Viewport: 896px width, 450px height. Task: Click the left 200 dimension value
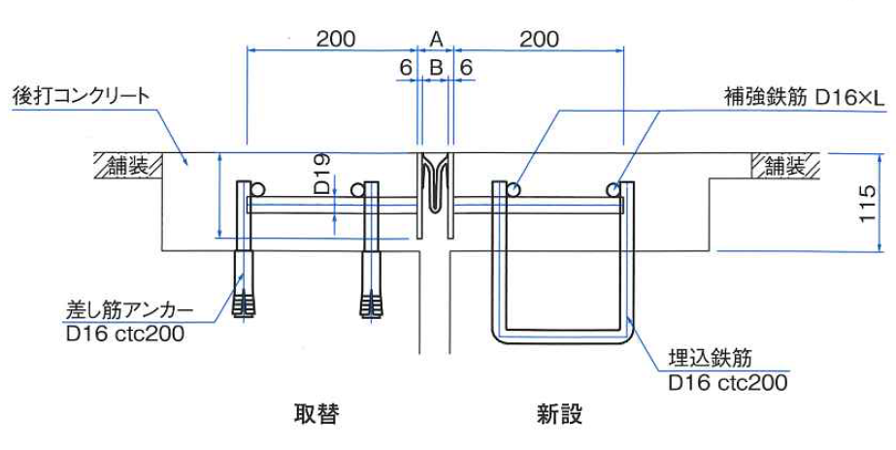click(335, 39)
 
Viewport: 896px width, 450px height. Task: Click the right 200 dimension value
click(540, 39)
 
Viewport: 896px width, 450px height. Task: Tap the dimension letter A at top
click(436, 39)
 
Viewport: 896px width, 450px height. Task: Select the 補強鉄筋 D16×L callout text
click(805, 97)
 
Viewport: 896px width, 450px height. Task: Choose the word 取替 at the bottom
click(316, 414)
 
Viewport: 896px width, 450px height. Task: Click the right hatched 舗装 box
click(786, 166)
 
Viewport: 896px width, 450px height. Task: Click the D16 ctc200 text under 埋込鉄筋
click(727, 382)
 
